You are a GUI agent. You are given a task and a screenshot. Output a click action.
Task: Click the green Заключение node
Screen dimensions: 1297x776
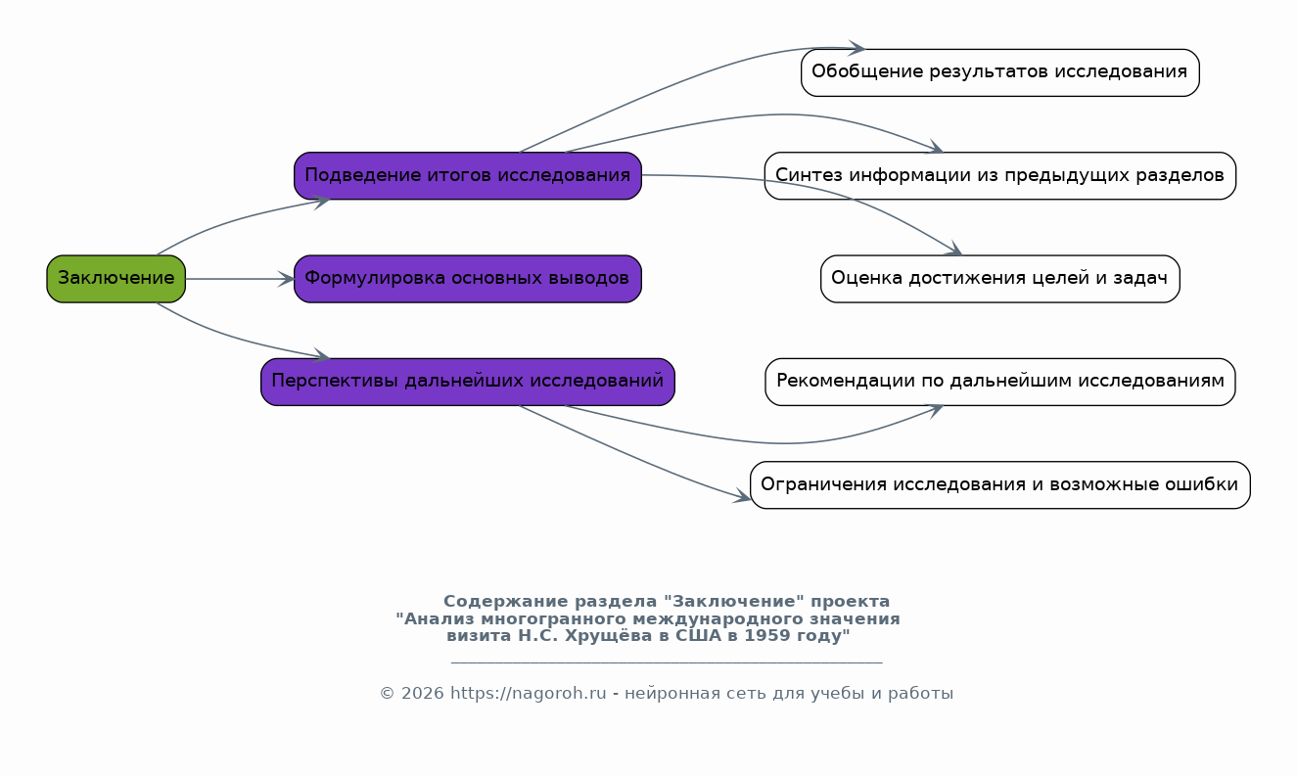tap(116, 279)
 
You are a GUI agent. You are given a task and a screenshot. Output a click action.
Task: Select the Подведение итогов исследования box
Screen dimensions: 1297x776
tap(468, 176)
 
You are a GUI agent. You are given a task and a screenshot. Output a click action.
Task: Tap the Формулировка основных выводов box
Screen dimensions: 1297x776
tap(468, 279)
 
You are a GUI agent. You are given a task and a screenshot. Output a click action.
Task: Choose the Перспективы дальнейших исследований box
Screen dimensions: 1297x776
tap(468, 382)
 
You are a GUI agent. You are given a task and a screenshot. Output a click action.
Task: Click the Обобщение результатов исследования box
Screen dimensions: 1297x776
tap(1000, 73)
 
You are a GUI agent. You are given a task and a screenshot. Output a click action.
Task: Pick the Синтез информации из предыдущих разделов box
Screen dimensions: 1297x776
tap(1000, 176)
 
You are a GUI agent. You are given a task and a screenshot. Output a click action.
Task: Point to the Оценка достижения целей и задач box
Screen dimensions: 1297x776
tap(1000, 279)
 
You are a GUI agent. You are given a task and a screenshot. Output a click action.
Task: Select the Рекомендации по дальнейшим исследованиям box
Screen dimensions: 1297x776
tap(1000, 382)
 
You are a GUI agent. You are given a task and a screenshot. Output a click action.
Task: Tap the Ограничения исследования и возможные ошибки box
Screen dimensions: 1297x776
tap(1000, 485)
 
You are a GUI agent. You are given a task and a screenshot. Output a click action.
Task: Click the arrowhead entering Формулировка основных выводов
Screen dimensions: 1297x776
tap(286, 279)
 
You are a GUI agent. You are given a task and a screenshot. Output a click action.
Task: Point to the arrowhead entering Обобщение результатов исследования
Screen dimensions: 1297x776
tap(857, 49)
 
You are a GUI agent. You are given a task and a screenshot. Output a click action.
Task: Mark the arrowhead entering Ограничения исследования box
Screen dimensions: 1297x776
tap(742, 496)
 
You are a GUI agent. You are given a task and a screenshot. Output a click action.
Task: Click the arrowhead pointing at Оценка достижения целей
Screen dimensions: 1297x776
tap(953, 249)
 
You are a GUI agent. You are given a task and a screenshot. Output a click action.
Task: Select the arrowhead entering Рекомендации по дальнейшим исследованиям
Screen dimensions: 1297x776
tap(935, 411)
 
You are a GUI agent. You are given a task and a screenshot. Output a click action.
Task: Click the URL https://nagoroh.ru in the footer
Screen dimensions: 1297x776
tap(528, 693)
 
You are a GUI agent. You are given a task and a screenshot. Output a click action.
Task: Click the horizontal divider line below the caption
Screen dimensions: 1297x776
tap(667, 662)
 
